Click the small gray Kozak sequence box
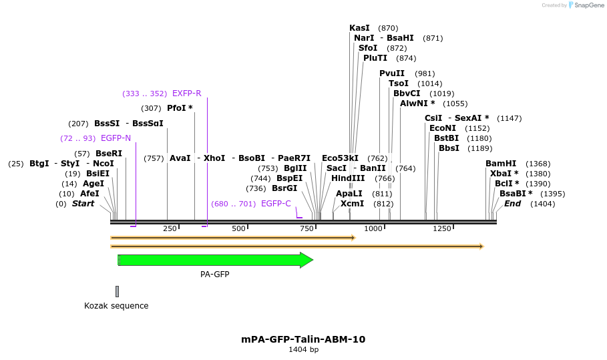point(117,291)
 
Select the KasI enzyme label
point(359,28)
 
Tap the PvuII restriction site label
point(392,73)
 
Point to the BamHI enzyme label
point(501,164)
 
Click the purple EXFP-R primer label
point(186,94)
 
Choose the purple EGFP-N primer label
point(116,138)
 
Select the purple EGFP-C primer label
point(276,204)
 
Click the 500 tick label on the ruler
point(238,228)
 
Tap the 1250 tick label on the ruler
point(441,228)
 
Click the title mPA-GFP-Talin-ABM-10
point(303,339)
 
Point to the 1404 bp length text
point(303,349)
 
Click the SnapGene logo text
point(589,5)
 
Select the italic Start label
point(83,204)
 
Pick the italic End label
point(512,204)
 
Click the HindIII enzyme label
point(348,178)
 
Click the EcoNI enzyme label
point(443,128)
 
